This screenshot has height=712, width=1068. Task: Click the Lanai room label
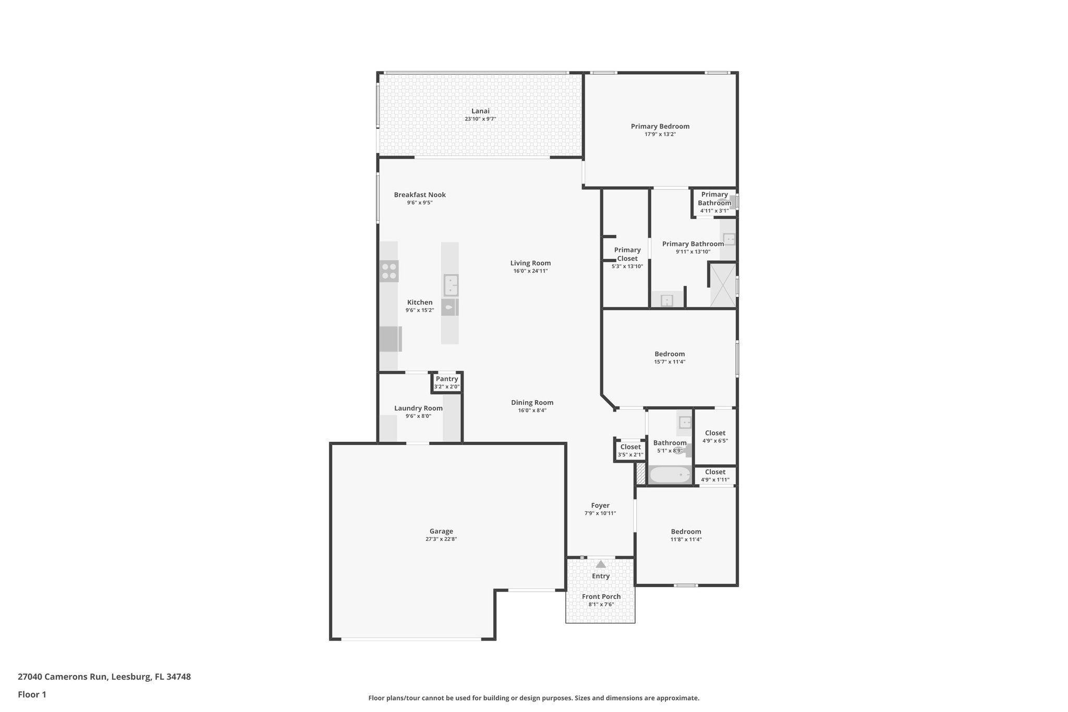[480, 111]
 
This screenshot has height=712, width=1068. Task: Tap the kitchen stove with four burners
[389, 271]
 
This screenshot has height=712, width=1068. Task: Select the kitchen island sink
[451, 285]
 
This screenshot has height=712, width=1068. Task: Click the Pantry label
[447, 379]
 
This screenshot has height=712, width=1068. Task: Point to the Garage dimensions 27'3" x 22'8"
[441, 539]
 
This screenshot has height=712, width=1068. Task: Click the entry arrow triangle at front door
[601, 564]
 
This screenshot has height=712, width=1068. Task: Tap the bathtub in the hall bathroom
[669, 475]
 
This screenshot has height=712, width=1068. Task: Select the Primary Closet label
[627, 254]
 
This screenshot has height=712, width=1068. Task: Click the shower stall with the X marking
[723, 285]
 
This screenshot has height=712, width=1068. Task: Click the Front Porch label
[601, 597]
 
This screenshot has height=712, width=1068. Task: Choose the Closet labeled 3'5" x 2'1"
[630, 447]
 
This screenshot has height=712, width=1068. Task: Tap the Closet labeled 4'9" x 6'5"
[715, 433]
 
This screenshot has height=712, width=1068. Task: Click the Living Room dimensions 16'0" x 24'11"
[530, 271]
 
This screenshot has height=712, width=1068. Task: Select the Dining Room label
[532, 403]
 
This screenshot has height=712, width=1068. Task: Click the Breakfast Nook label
[420, 195]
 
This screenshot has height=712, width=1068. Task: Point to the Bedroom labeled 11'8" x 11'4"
[686, 532]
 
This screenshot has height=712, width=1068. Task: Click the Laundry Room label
[418, 408]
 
